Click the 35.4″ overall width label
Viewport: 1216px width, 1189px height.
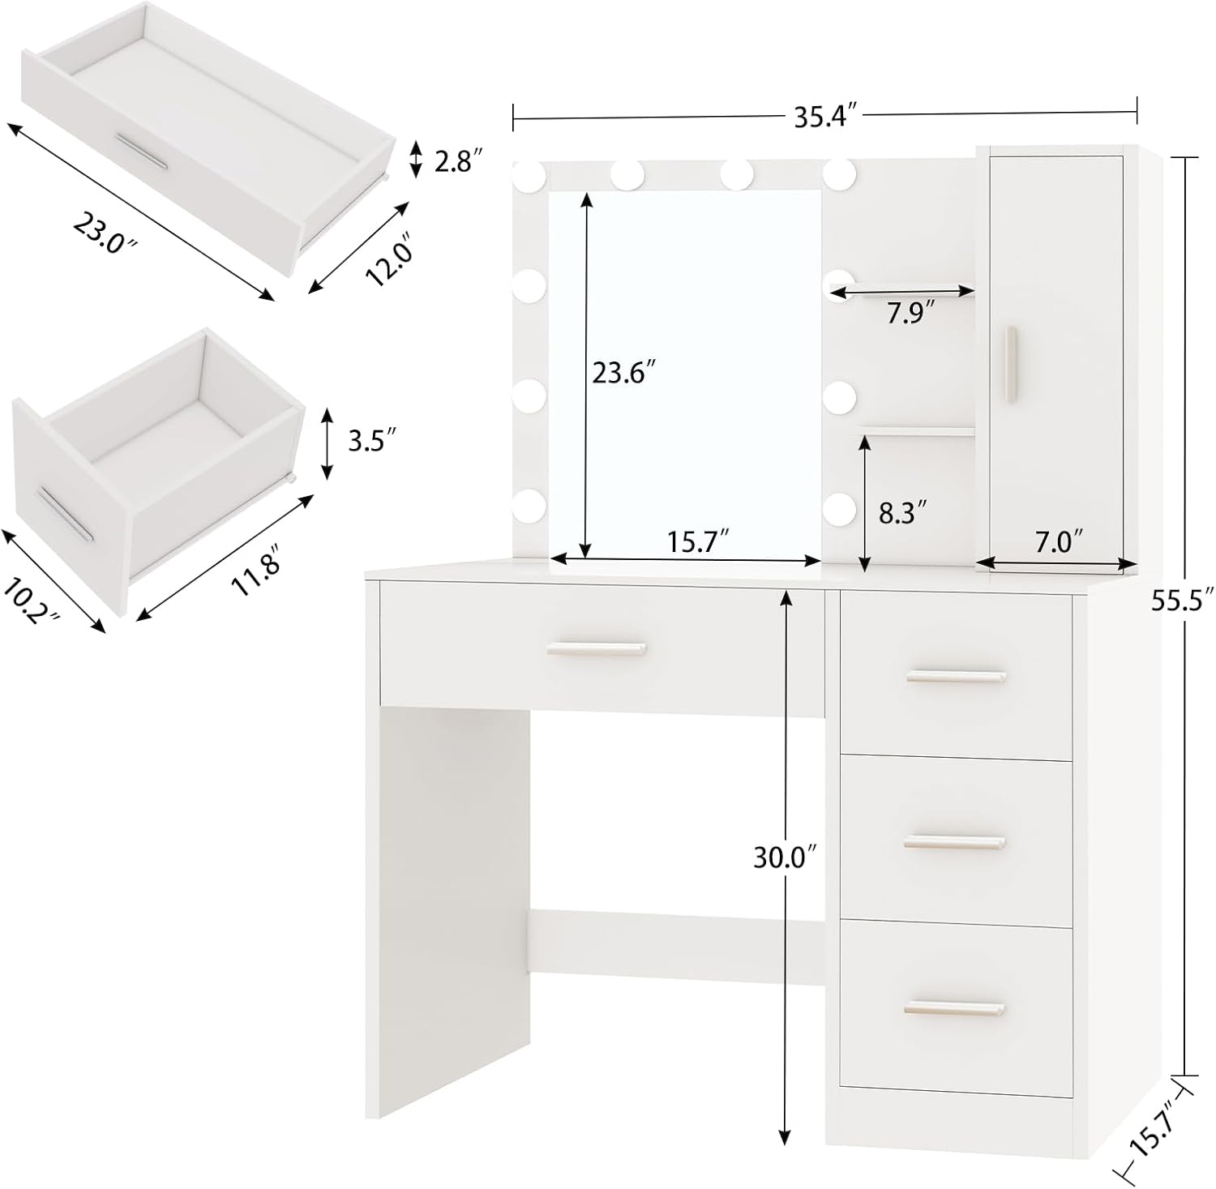point(824,117)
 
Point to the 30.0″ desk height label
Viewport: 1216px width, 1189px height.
point(784,858)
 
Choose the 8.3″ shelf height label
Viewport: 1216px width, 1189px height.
point(902,512)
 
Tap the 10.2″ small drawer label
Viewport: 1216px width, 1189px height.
point(32,599)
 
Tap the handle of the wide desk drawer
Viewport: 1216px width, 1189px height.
point(596,648)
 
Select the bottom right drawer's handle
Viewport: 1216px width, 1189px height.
point(954,1008)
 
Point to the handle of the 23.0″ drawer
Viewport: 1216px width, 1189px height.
point(141,151)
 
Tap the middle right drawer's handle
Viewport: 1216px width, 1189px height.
point(954,842)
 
